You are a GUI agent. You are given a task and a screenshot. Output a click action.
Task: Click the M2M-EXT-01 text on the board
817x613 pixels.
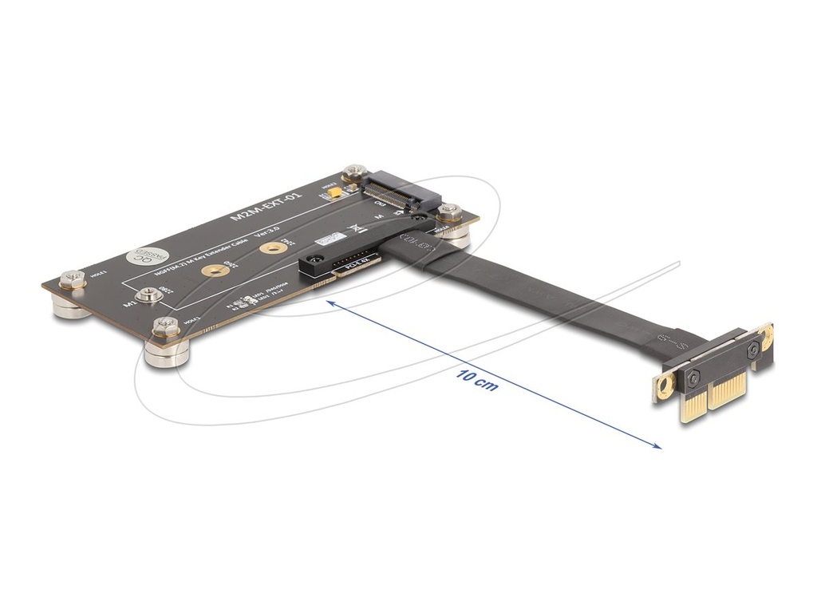coord(266,206)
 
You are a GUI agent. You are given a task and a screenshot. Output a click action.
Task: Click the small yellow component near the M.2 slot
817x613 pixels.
coord(337,192)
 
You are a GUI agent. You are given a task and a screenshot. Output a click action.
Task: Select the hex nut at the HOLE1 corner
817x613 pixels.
coord(72,279)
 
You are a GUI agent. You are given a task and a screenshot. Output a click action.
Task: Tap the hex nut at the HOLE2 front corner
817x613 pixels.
coord(166,325)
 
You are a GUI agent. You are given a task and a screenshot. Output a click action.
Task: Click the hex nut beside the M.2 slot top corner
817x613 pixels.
coord(353,172)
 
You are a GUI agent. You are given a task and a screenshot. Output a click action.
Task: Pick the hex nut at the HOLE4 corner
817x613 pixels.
coord(449,212)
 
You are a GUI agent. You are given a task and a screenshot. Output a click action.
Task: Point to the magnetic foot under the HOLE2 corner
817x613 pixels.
coord(166,354)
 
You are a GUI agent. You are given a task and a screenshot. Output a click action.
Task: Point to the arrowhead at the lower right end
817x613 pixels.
coord(658,447)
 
